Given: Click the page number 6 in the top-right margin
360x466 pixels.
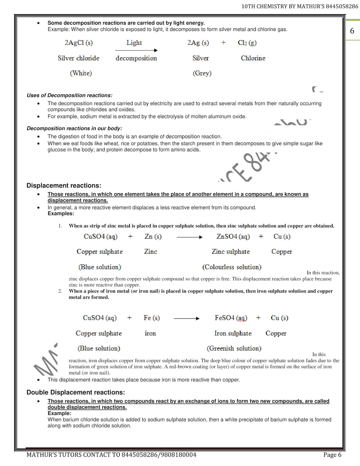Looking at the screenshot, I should click(x=352, y=31).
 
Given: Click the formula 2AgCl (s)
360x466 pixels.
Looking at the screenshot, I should click(x=79, y=43).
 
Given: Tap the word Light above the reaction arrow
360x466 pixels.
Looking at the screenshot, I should click(x=134, y=43).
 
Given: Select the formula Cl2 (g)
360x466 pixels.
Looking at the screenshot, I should click(x=247, y=43).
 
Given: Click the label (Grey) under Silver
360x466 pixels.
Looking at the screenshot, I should click(x=202, y=73).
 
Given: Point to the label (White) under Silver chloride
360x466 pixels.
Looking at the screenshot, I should click(x=81, y=73).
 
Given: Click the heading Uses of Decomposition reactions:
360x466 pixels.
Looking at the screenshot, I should click(x=69, y=95).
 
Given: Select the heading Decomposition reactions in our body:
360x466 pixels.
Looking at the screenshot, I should click(x=74, y=128).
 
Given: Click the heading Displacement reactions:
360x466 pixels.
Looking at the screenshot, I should click(x=64, y=186).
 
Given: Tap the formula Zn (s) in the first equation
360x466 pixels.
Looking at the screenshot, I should click(x=153, y=236).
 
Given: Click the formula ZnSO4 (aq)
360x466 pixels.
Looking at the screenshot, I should click(x=233, y=236).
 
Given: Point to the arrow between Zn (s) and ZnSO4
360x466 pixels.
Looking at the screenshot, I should click(x=189, y=237).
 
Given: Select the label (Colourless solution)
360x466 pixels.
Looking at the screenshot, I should click(x=232, y=267).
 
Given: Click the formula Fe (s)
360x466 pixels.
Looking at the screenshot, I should click(x=152, y=318).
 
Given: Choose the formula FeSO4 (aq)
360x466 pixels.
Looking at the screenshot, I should click(x=231, y=318).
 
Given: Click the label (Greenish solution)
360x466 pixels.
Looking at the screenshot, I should click(x=234, y=348).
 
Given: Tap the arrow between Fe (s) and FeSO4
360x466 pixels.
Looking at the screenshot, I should click(x=187, y=319).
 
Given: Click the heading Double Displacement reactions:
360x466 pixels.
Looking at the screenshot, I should click(x=76, y=392).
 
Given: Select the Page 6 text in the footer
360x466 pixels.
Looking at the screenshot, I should click(x=332, y=455).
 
